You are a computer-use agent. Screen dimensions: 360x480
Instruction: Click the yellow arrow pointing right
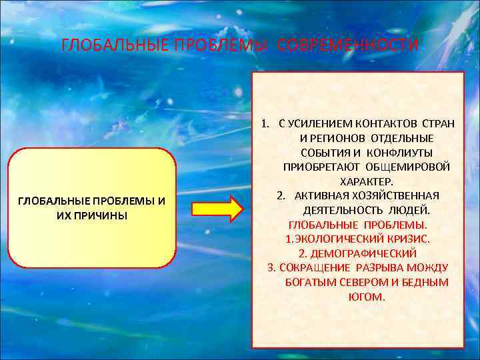point(217,209)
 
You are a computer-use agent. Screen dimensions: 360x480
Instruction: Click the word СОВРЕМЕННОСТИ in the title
point(348,45)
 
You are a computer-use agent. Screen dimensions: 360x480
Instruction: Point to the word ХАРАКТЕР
point(367,181)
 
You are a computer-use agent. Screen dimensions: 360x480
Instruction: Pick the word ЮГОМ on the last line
point(367,297)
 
